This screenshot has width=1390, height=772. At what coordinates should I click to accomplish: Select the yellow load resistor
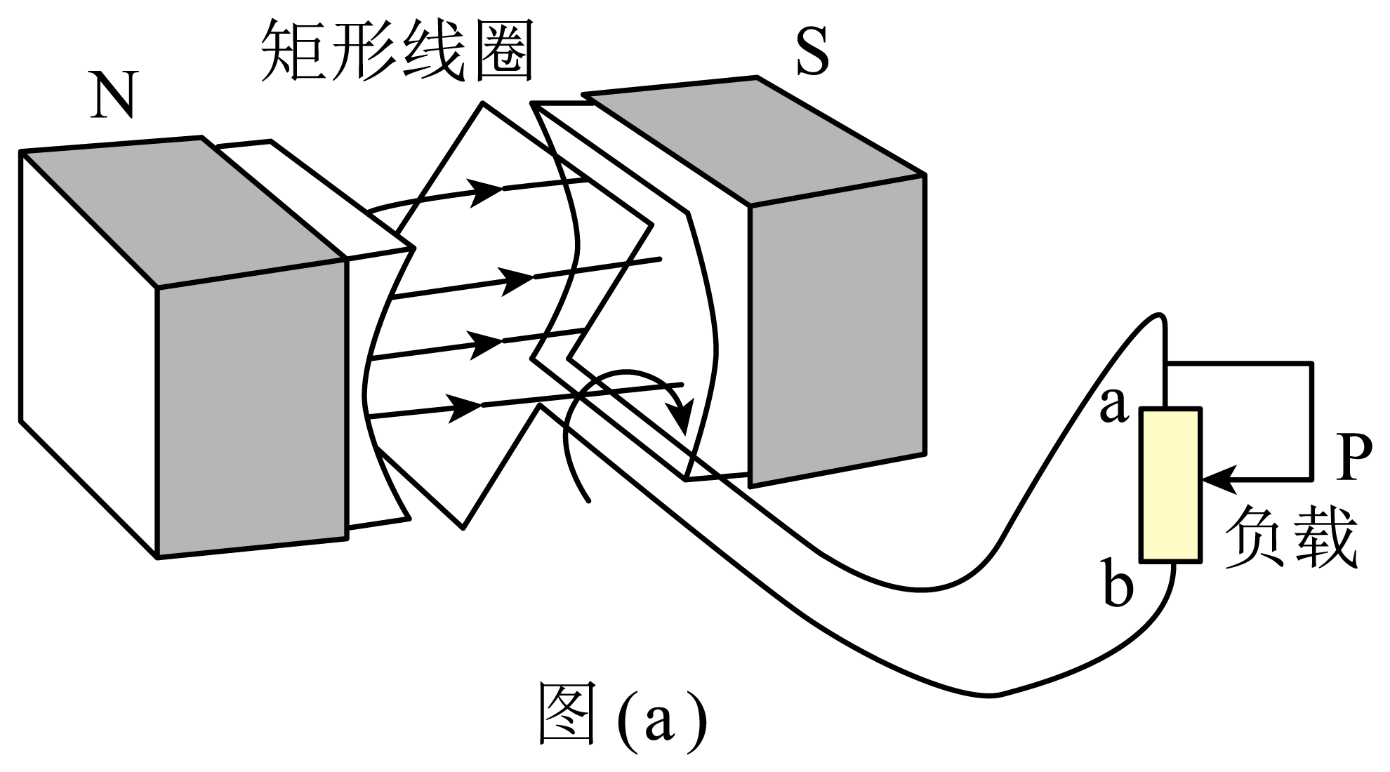point(1170,485)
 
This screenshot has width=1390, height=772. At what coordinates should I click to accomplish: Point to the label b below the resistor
point(1118,583)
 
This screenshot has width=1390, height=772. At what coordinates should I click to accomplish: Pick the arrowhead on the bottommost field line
point(465,407)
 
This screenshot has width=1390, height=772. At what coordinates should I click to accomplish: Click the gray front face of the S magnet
point(837,330)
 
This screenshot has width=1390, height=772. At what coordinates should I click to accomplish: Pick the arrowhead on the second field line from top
point(518,279)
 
